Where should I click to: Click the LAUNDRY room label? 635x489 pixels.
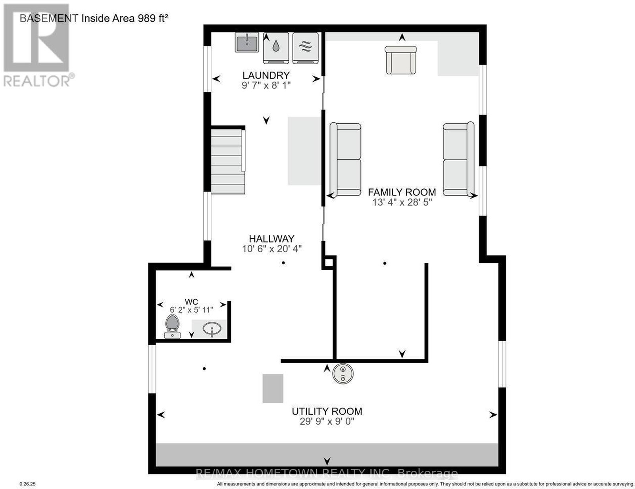click(266, 75)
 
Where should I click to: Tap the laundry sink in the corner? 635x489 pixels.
click(246, 42)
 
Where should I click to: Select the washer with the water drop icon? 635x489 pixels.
click(276, 48)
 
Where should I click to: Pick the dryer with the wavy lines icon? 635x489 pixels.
click(305, 48)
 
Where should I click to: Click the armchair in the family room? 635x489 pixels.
click(400, 60)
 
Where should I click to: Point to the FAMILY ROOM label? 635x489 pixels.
click(402, 192)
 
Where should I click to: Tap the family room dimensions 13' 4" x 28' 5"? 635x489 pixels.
click(402, 202)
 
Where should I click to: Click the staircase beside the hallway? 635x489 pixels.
click(228, 161)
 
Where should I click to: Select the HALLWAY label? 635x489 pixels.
click(271, 239)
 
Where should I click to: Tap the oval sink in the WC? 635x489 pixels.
click(212, 329)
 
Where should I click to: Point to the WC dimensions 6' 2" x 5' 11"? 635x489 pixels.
click(191, 310)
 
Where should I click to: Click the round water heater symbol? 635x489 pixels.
click(343, 373)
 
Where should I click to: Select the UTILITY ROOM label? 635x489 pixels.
click(327, 411)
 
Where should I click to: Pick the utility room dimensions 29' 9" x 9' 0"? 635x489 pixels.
click(327, 422)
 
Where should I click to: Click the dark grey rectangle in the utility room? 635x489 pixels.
click(273, 389)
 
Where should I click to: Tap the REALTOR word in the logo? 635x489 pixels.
click(37, 81)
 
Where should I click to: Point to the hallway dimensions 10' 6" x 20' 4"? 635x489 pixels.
click(272, 249)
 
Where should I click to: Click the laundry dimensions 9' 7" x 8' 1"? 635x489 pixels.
click(266, 86)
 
